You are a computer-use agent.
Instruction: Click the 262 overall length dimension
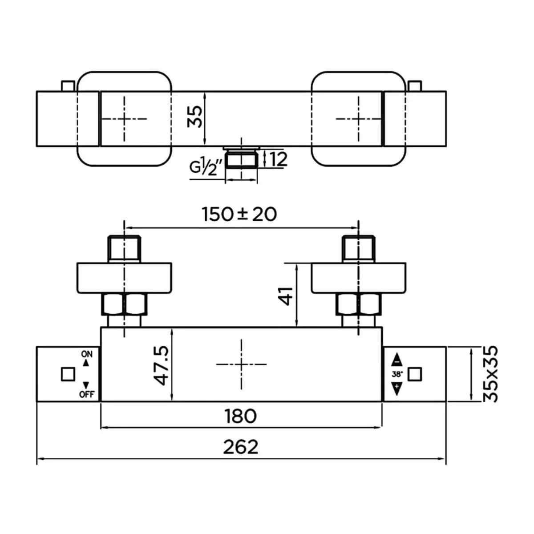coord(241,446)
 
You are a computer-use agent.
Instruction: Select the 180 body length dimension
coord(241,416)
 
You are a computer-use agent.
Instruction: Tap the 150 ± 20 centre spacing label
coord(239,214)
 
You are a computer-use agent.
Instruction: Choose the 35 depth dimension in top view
coord(194,117)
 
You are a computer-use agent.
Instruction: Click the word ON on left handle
coord(86,354)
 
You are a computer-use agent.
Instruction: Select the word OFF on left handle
coord(86,394)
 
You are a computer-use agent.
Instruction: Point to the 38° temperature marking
coord(397,374)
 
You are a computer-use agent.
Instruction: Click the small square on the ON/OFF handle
coord(68,374)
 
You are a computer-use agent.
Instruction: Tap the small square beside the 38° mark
coord(415,374)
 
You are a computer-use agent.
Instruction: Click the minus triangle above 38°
coord(397,360)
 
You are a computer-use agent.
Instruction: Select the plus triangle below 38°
coord(397,389)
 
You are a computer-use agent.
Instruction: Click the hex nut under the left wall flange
coord(125,305)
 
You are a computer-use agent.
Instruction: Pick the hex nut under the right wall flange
coord(359,305)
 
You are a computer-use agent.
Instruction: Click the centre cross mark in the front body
coord(241,364)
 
